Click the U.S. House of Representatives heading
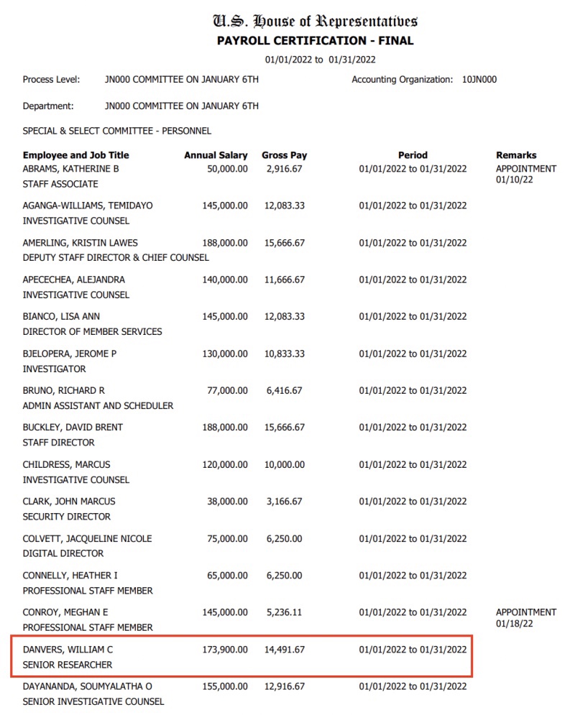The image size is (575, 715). [x=315, y=21]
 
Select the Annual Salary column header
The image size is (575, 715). [x=216, y=155]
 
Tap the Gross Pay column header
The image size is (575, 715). [x=284, y=155]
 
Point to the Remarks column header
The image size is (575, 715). [x=516, y=155]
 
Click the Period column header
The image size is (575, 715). [x=413, y=155]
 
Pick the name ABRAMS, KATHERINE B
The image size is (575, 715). [x=70, y=169]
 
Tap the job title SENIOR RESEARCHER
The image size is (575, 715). [x=68, y=665]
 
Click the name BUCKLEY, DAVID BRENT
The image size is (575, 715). [x=73, y=428]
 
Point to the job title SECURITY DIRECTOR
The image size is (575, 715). [x=67, y=517]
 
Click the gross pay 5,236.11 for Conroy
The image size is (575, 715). [x=285, y=613]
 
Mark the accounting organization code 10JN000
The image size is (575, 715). [x=479, y=80]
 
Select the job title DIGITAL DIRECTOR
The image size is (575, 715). [x=63, y=553]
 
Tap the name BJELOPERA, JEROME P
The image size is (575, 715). [x=70, y=354]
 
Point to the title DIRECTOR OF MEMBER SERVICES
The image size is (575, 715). [x=93, y=332]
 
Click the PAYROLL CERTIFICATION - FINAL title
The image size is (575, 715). [x=315, y=41]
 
